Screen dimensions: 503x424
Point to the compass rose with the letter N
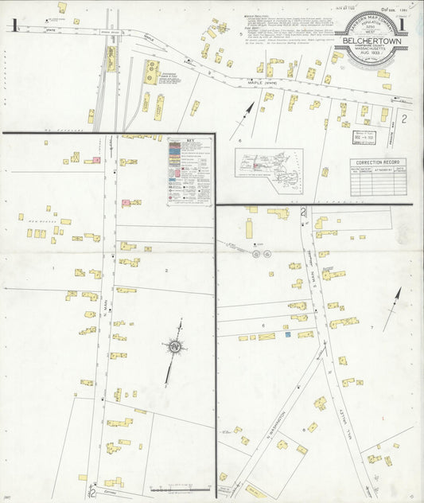(173, 346)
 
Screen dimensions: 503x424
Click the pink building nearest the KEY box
(126, 203)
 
